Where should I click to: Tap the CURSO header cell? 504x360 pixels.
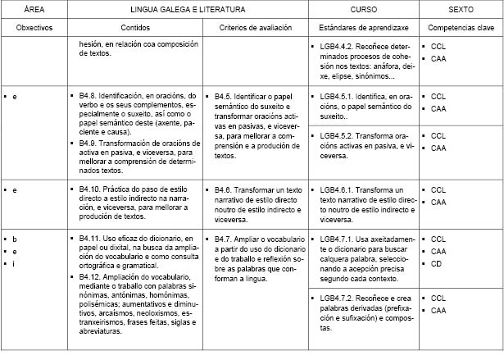point(364,9)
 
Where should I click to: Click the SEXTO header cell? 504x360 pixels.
point(461,9)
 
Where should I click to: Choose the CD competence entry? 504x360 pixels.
point(436,264)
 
